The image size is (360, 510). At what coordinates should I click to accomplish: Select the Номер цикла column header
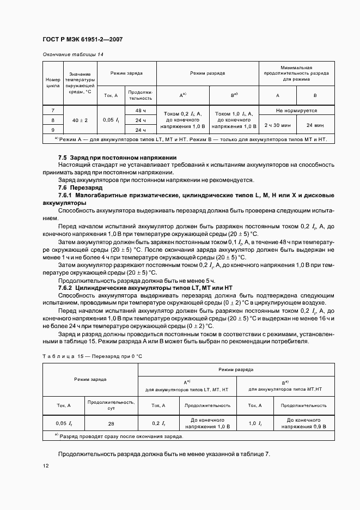[x=53, y=82]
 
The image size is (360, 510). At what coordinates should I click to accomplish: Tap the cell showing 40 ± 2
[x=80, y=120]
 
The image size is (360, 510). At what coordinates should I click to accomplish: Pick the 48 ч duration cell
[x=141, y=110]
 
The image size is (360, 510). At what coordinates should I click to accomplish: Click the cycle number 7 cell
[x=53, y=110]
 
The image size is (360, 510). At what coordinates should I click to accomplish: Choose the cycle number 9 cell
[x=53, y=130]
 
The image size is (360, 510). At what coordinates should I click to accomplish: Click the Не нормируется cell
[x=296, y=110]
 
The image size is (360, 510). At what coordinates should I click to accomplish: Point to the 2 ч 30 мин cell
[x=277, y=125]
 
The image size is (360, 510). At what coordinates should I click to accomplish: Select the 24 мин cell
[x=315, y=125]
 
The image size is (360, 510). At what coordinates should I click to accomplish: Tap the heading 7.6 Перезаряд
[x=80, y=186]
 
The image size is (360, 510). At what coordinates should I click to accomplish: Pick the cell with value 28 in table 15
[x=111, y=423]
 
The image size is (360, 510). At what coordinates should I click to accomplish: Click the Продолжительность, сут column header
[x=111, y=405]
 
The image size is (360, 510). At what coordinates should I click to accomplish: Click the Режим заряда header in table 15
[x=90, y=378]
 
